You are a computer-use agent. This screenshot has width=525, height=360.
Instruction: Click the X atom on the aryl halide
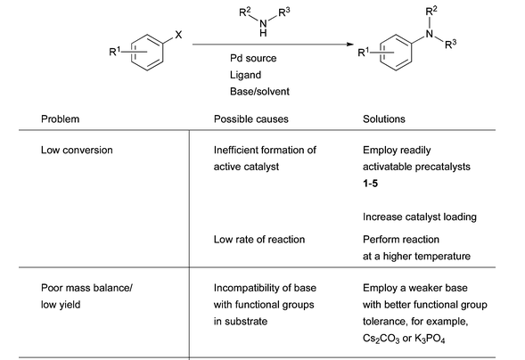coord(178,35)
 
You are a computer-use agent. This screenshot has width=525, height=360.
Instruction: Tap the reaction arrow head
coord(350,45)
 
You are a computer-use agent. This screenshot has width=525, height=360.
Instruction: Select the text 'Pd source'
coord(253,58)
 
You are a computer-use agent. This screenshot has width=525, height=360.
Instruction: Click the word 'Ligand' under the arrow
coord(245,75)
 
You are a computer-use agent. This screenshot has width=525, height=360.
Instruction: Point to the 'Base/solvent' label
coord(259,92)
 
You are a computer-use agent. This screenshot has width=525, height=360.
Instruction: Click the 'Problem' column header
coord(61,119)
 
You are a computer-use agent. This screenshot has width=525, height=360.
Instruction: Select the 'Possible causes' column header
coord(251,119)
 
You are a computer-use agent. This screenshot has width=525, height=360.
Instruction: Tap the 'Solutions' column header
coord(384,119)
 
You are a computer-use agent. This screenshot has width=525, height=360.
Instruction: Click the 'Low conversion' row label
coord(77,151)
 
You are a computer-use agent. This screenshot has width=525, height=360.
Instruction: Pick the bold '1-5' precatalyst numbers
coord(370,184)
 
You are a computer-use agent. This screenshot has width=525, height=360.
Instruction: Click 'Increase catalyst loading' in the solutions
coord(420,217)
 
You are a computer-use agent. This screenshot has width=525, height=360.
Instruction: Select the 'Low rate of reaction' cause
coord(259,240)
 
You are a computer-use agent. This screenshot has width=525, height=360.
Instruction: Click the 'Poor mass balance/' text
coord(86,288)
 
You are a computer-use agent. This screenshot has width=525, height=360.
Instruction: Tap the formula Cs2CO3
coord(381,339)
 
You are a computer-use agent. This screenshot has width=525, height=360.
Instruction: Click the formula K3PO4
coord(430,339)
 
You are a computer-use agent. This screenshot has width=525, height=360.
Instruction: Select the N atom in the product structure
coord(430,34)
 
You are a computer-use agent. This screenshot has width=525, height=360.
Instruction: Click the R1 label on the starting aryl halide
coord(114,52)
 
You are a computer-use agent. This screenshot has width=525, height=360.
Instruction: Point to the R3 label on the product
coord(451,44)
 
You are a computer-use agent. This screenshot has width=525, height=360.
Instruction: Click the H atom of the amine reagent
coord(263,33)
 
